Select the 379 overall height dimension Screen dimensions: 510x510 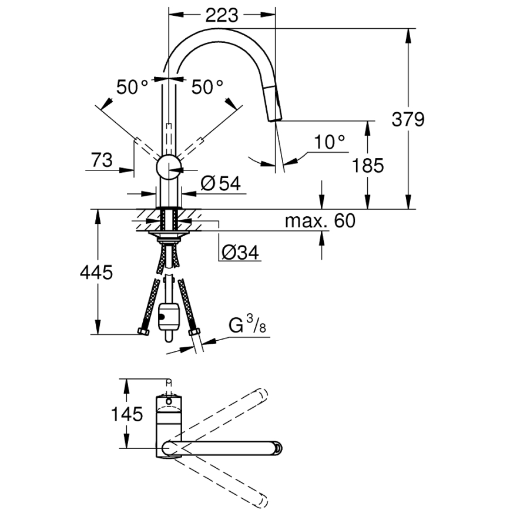click(x=408, y=119)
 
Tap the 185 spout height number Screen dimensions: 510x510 click(x=368, y=166)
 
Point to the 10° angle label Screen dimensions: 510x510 click(x=329, y=142)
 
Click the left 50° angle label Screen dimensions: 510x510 click(x=132, y=88)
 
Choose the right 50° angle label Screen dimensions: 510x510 click(x=207, y=88)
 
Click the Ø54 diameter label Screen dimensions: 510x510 click(x=220, y=184)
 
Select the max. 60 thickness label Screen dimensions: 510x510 click(x=320, y=221)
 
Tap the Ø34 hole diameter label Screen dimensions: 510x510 click(x=240, y=252)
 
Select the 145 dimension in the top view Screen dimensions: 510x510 click(x=127, y=414)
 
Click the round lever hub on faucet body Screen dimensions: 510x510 click(x=169, y=166)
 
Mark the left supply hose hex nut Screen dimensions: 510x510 click(x=144, y=333)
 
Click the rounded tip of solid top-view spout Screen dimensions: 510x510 click(x=279, y=449)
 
